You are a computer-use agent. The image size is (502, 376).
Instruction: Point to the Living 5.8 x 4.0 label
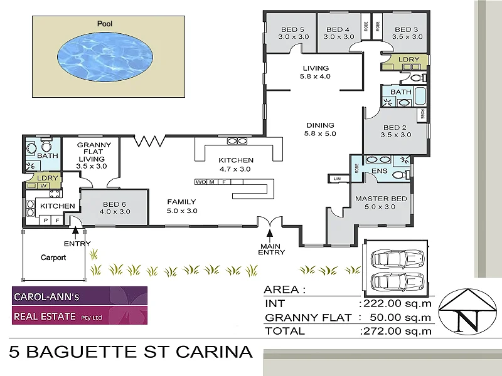tap(316, 72)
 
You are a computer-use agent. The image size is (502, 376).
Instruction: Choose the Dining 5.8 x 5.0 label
tap(320, 129)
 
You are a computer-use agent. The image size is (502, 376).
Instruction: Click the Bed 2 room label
tap(395, 130)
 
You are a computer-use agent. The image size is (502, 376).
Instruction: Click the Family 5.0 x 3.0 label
tap(182, 206)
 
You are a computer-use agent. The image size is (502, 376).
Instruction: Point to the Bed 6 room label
tap(115, 207)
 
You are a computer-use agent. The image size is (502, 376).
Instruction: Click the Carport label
tap(53, 257)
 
